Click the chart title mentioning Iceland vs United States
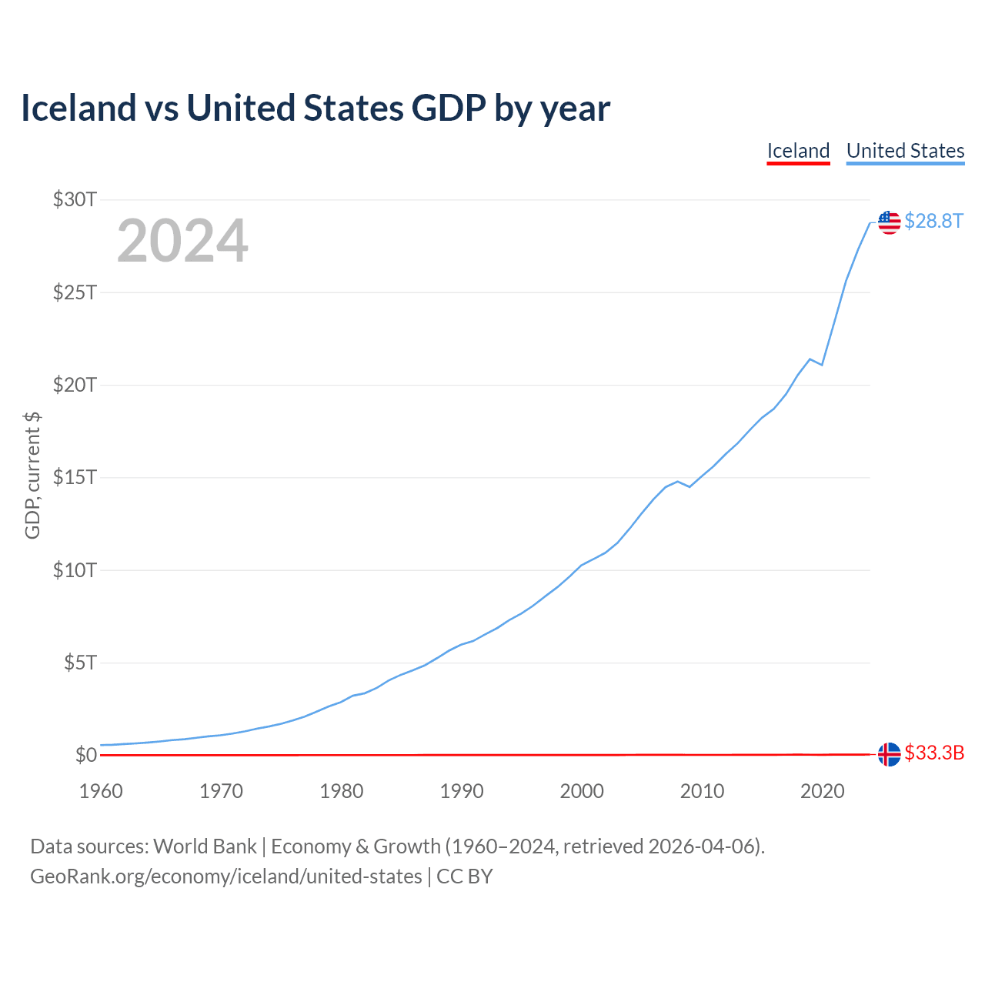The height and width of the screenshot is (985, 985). [316, 109]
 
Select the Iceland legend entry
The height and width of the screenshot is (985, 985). [798, 151]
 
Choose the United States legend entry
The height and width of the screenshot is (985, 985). [905, 151]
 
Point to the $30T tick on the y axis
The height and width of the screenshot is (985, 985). [75, 200]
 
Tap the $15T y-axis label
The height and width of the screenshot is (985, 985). [75, 478]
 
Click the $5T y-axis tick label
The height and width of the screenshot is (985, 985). [80, 663]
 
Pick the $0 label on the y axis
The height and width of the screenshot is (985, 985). [85, 755]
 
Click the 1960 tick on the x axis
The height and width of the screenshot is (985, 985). [101, 791]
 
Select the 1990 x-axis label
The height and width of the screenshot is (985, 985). [462, 791]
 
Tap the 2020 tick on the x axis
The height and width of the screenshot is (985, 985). [822, 791]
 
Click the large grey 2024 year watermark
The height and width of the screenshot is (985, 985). [182, 241]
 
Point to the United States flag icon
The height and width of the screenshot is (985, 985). [889, 222]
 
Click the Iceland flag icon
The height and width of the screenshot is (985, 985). [889, 754]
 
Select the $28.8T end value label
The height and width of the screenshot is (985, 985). [933, 222]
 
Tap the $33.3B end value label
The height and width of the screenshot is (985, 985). [934, 753]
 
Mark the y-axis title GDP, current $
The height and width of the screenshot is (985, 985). [32, 476]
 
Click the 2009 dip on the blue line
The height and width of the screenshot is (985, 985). [689, 486]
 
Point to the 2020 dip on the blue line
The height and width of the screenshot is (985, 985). [822, 364]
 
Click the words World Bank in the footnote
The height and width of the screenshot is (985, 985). [205, 846]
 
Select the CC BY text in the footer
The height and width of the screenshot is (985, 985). [464, 876]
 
